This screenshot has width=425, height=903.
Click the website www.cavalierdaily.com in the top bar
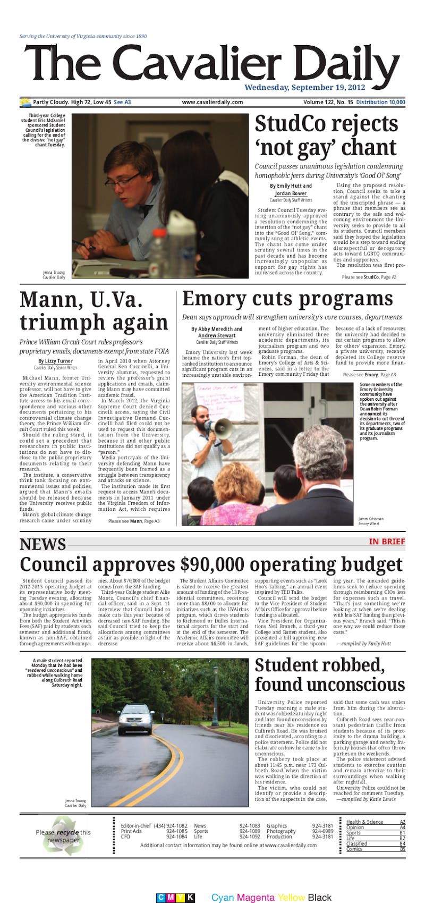pos(212,102)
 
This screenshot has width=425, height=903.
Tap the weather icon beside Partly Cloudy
pos(25,102)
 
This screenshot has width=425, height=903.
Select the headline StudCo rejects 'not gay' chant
pos(326,135)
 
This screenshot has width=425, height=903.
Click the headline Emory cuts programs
pos(287,299)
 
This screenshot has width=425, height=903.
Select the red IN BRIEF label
pos(387,542)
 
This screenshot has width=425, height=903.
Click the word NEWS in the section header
pos(43,544)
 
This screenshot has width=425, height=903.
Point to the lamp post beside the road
pos(215,691)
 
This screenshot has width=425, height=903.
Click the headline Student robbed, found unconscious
pos(329,674)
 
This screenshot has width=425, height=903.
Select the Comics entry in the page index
pos(354,849)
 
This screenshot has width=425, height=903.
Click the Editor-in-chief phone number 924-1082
pos(176,825)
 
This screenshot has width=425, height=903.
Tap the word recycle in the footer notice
pos(67,832)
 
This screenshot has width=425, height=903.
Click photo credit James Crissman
pos(371,518)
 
